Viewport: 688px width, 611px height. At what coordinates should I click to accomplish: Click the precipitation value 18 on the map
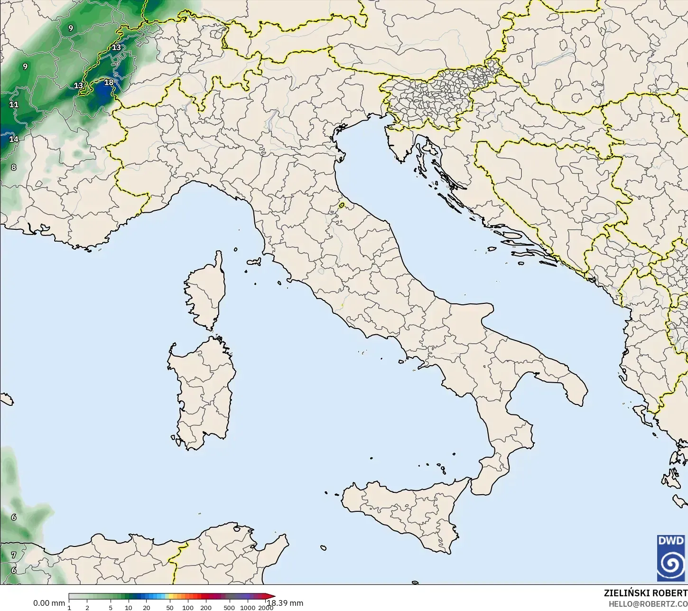coord(109,83)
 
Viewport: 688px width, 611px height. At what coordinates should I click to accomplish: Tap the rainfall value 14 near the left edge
coord(14,139)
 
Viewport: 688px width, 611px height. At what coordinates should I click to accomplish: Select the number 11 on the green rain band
coord(14,104)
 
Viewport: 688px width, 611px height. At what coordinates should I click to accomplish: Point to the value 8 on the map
coord(14,167)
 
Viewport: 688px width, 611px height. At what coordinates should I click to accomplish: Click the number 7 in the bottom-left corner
coord(14,555)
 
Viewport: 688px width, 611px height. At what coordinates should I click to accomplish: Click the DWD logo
coord(671,558)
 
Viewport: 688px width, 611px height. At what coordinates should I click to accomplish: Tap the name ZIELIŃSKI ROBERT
coord(645,593)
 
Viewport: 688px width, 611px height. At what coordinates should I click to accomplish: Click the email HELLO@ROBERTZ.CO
coord(648,604)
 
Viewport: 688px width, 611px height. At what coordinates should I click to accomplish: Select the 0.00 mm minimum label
coord(49,603)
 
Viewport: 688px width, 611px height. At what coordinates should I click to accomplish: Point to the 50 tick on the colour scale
coord(170,607)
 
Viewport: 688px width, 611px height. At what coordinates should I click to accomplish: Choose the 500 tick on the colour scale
coord(229,607)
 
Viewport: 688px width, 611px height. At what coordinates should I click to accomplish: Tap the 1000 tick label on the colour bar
coord(248,607)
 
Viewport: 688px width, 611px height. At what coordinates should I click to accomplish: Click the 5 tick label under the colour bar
coord(111,607)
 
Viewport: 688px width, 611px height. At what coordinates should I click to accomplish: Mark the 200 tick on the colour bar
coord(206,607)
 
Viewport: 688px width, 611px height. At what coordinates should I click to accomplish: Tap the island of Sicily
coord(408,510)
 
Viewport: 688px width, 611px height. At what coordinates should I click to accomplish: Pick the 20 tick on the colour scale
coord(146,607)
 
